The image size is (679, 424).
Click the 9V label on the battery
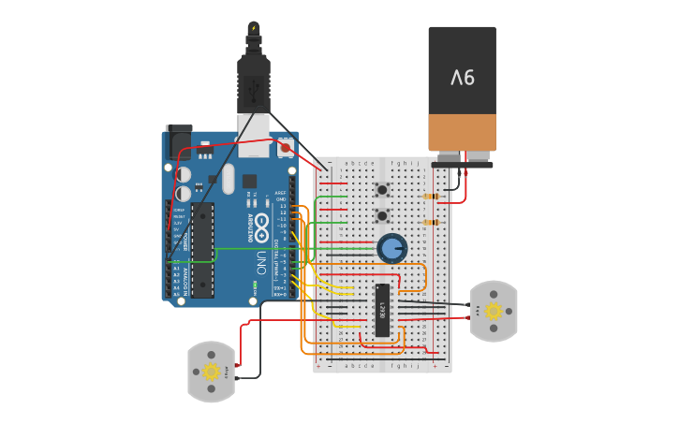(x=463, y=78)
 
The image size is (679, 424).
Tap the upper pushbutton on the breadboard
(x=382, y=190)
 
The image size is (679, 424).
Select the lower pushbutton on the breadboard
(x=382, y=216)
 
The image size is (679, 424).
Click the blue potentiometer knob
(x=392, y=249)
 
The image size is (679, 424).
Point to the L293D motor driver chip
(x=383, y=310)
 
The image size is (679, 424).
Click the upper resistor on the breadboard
(x=432, y=197)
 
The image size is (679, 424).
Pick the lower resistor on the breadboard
(x=432, y=223)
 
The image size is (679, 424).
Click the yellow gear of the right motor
(x=493, y=311)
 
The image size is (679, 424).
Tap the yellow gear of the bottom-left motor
(x=211, y=372)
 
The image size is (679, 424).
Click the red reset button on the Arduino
(x=285, y=147)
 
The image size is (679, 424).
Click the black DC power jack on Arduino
(x=178, y=142)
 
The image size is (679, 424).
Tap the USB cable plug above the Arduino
(x=254, y=84)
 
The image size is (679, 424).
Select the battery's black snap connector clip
(x=462, y=162)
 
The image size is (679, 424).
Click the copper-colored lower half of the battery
(x=463, y=132)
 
